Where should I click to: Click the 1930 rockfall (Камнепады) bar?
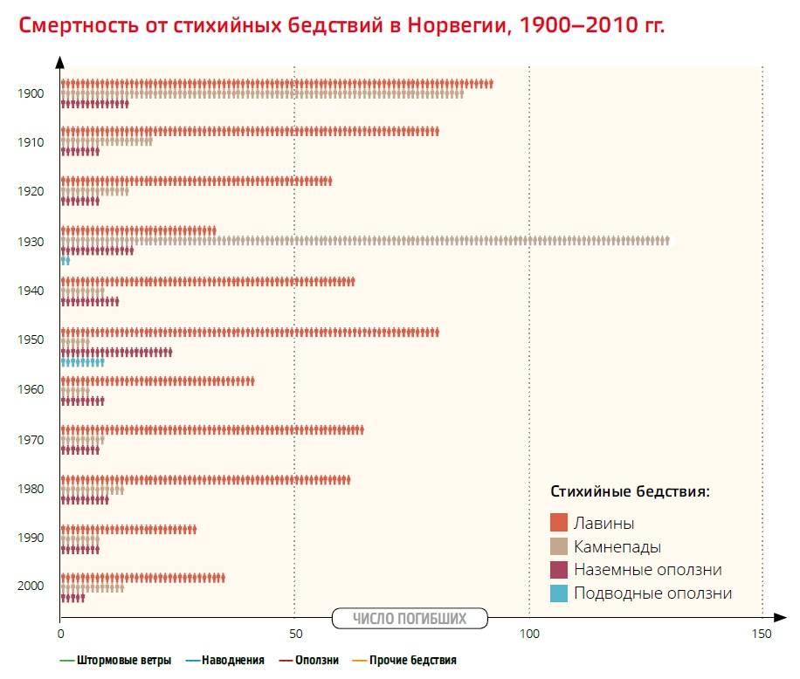click(x=365, y=240)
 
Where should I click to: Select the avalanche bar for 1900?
click(x=277, y=84)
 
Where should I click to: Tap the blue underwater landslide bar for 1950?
click(x=82, y=361)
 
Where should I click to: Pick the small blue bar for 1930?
click(x=65, y=260)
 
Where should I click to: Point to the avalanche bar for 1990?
click(x=128, y=530)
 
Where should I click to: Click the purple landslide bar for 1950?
click(x=116, y=352)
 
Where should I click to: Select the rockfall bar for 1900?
click(x=262, y=93)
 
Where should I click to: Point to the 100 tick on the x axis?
click(x=529, y=634)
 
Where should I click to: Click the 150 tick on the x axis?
click(x=762, y=634)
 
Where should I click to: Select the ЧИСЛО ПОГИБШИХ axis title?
click(x=410, y=619)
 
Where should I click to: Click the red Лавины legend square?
click(x=559, y=523)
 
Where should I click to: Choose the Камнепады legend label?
click(x=617, y=547)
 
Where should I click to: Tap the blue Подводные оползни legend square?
click(x=559, y=593)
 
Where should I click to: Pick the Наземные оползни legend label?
click(x=647, y=570)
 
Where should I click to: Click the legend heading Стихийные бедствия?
click(x=630, y=491)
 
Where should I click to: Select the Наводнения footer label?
click(x=232, y=661)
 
